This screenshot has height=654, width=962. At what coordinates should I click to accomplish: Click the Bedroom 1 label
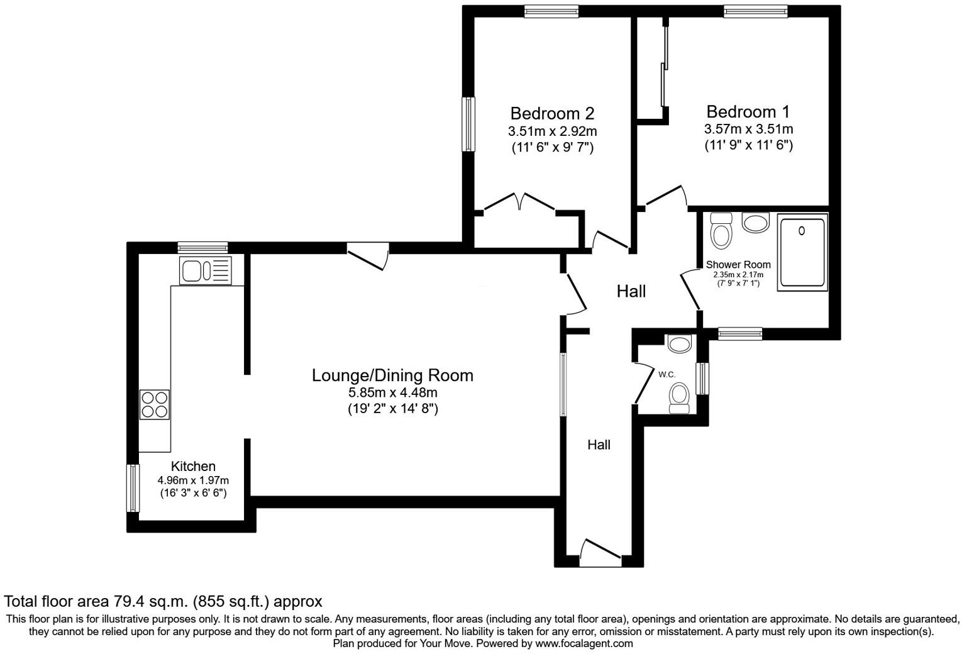748,112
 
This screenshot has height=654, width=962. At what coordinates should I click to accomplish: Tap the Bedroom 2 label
552,114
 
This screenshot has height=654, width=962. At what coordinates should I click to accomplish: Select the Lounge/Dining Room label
392,375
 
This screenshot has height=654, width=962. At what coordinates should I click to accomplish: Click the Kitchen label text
193,466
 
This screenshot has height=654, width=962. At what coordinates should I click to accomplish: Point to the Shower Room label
738,265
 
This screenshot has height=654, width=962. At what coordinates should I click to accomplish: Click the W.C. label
666,375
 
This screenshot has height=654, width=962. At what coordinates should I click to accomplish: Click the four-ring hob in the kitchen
155,404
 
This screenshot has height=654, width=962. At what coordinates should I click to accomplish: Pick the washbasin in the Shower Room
756,222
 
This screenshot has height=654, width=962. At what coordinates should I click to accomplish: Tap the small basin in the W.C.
678,343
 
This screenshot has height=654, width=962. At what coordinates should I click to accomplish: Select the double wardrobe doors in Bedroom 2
519,202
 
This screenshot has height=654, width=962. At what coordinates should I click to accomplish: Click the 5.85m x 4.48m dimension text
392,392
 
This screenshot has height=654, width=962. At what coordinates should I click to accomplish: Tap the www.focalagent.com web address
583,643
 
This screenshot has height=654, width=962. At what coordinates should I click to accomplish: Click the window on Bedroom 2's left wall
468,124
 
